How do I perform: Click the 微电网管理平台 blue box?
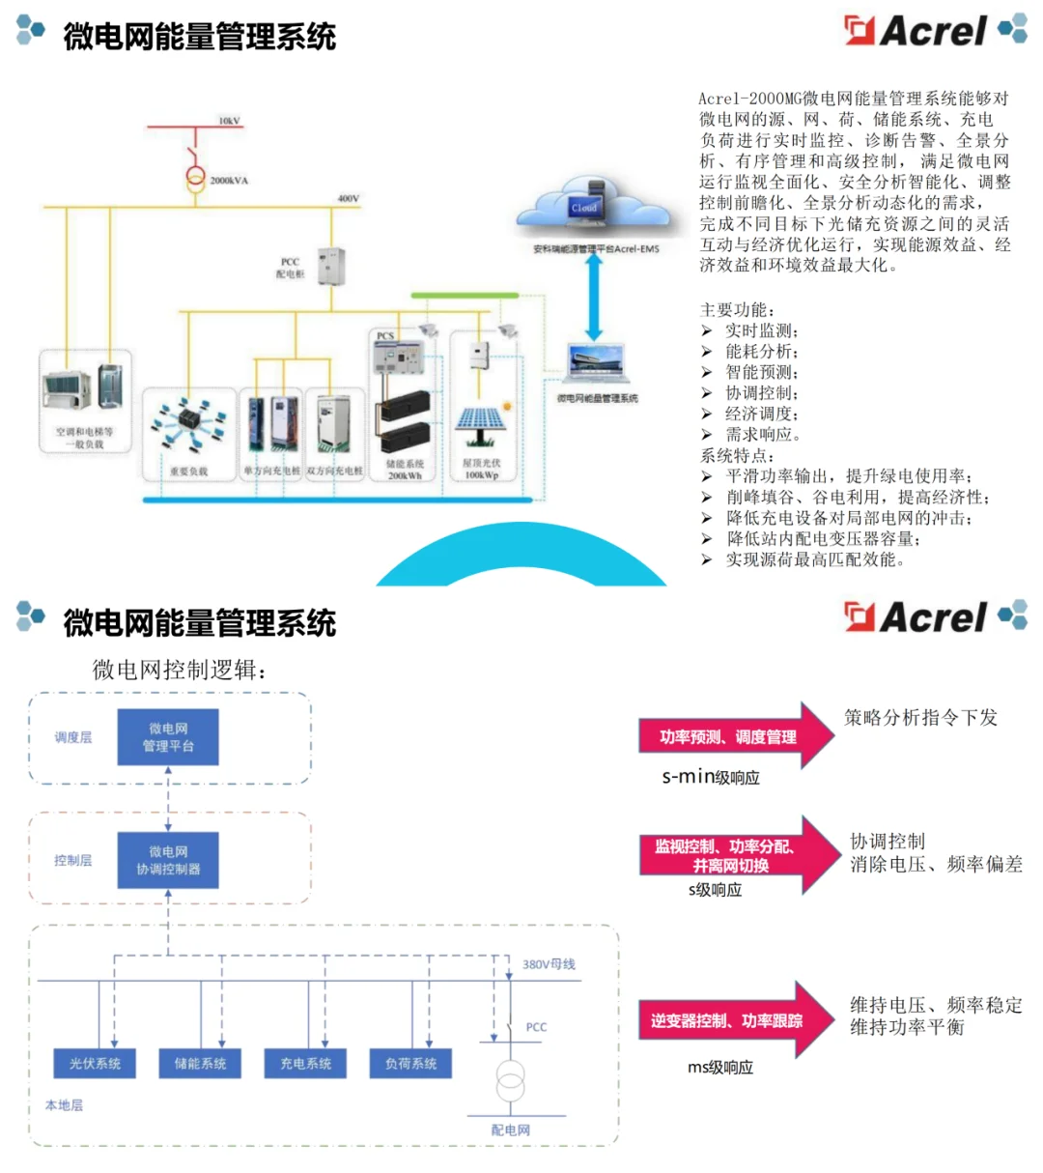(x=168, y=737)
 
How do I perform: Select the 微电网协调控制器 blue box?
(x=168, y=860)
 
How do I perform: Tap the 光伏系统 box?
(x=95, y=1063)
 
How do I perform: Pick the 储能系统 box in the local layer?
(x=200, y=1063)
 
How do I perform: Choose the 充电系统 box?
(x=305, y=1063)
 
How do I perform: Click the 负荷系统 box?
(x=410, y=1063)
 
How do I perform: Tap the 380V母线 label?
(x=549, y=964)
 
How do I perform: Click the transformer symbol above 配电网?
(x=510, y=1081)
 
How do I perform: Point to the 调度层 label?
(x=73, y=737)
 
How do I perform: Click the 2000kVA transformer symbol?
(x=196, y=178)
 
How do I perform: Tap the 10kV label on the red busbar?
(x=229, y=121)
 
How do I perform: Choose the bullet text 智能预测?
(x=762, y=372)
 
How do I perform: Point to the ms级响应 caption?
(x=720, y=1068)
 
